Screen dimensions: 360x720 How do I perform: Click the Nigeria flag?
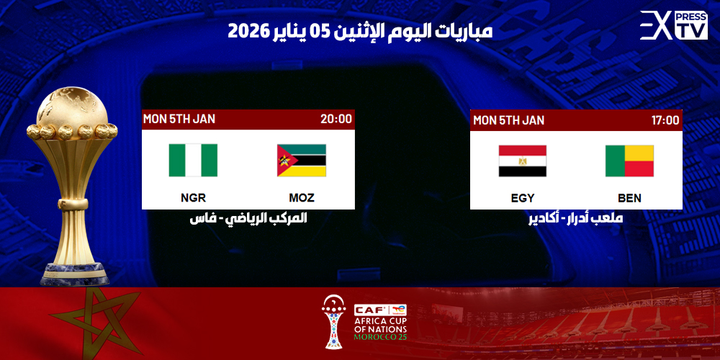click(x=193, y=160)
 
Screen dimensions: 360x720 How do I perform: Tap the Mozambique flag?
click(x=301, y=160)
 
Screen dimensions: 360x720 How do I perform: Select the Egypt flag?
click(x=522, y=161)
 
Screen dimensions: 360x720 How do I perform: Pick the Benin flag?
click(x=629, y=161)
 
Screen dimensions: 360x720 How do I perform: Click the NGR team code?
click(x=193, y=197)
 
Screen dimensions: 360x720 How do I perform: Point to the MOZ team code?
click(x=301, y=197)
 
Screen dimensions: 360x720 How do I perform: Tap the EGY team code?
click(x=522, y=198)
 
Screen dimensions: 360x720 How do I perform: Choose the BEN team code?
click(x=629, y=198)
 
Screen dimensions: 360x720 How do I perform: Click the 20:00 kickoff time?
click(x=336, y=119)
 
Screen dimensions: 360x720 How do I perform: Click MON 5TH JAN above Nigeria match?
click(x=179, y=119)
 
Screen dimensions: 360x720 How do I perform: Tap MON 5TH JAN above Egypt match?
click(x=508, y=120)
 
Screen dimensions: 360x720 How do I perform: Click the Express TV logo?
click(x=673, y=25)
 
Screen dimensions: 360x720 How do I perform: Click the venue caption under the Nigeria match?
click(x=248, y=217)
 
